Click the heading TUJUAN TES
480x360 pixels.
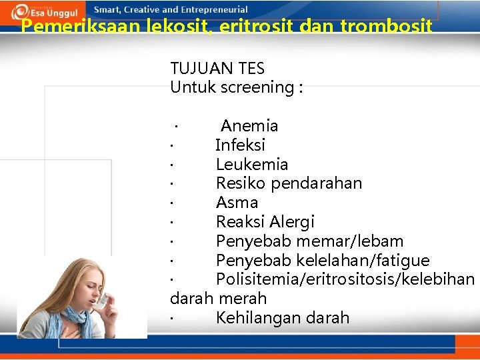(x=217, y=68)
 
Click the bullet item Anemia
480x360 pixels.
(x=249, y=126)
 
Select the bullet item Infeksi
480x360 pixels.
(x=240, y=145)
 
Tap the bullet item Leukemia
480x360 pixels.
(x=252, y=165)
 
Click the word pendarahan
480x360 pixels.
(x=317, y=183)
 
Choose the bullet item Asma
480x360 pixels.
(x=237, y=203)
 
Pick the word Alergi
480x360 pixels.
(x=292, y=222)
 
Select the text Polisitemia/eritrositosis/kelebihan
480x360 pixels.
(x=345, y=279)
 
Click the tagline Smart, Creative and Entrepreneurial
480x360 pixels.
(x=171, y=9)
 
